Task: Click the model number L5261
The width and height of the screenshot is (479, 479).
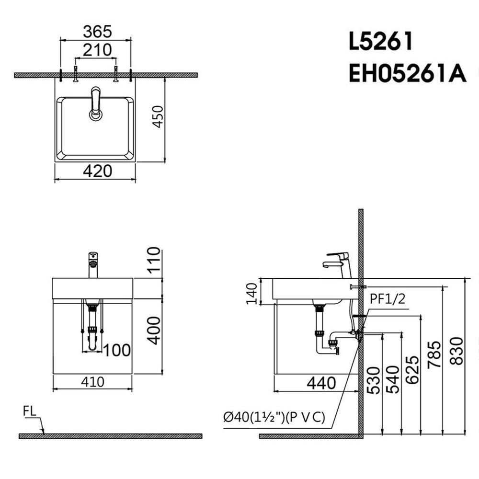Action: pos(381,41)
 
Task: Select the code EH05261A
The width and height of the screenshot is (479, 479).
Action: pos(408,73)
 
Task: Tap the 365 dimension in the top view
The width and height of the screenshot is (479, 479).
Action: pos(97,32)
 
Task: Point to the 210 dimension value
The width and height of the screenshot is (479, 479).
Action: pos(97,50)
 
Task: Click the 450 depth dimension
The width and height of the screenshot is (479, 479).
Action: pos(158,117)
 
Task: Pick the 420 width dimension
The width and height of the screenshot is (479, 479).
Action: pos(97,171)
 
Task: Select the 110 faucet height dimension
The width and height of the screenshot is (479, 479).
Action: pos(154,259)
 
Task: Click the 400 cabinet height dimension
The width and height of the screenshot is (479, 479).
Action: pos(154,331)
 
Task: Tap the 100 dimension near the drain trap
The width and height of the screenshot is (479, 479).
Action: pos(117,350)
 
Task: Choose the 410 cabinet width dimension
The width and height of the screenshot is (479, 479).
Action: pos(92,382)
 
